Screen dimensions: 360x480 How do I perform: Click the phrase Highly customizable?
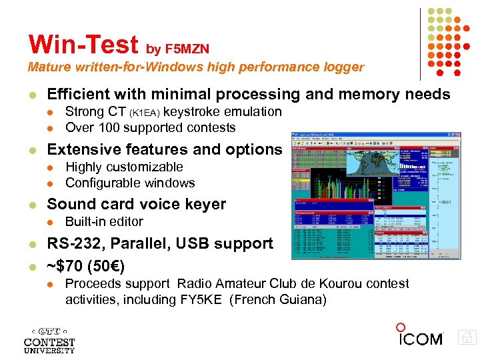[x=124, y=167]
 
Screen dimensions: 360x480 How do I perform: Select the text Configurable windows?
[x=130, y=183]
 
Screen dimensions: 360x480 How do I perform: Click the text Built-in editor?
[x=104, y=221]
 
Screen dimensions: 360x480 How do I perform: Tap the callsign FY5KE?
[x=204, y=300]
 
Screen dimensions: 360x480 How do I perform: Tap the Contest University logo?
[x=49, y=339]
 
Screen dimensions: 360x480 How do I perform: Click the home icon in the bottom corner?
[x=468, y=338]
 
